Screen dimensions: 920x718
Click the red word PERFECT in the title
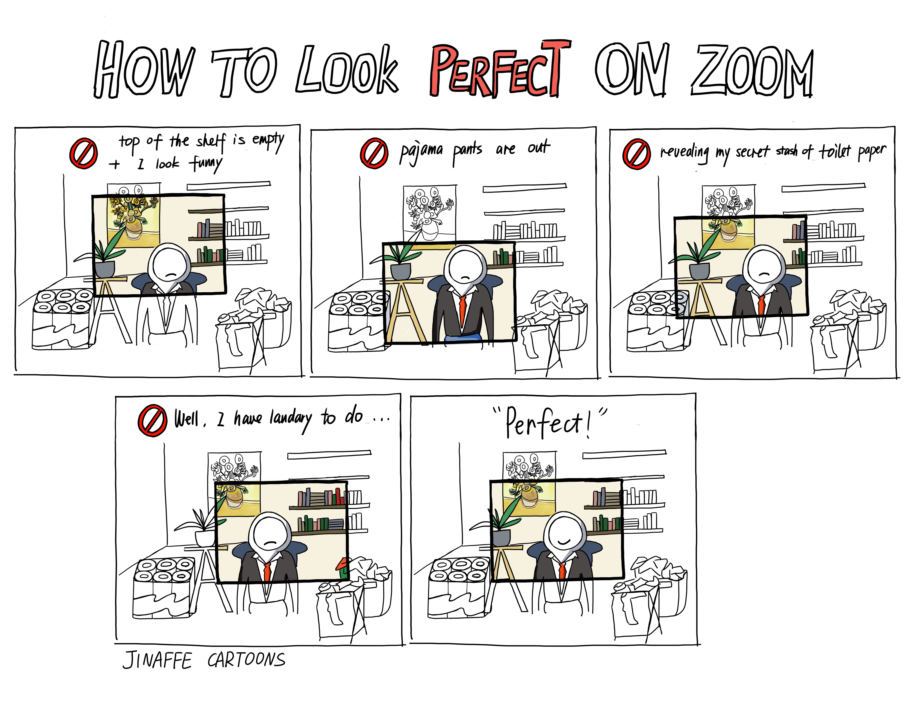coord(500,69)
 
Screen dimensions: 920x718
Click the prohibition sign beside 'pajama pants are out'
coord(374,153)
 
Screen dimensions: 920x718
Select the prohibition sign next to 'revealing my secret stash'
coord(637,154)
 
